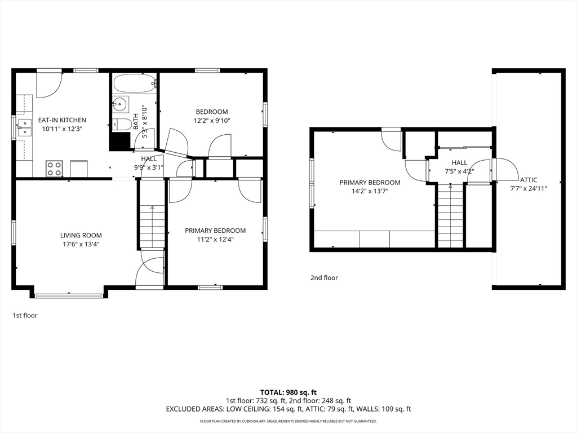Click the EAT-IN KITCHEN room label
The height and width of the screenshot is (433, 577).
(x=62, y=120)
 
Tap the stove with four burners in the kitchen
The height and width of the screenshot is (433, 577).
(x=54, y=168)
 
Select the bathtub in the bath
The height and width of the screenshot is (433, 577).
(x=134, y=84)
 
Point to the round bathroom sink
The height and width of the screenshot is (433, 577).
(x=119, y=104)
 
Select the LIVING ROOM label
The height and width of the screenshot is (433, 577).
(x=81, y=235)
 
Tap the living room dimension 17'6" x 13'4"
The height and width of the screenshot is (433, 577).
(x=81, y=244)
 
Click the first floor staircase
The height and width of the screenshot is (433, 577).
(x=152, y=226)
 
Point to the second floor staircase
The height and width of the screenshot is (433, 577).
(x=450, y=217)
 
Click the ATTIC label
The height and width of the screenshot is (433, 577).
(x=529, y=180)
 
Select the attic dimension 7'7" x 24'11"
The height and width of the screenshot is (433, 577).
(x=529, y=189)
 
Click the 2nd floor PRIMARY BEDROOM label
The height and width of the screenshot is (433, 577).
(x=370, y=182)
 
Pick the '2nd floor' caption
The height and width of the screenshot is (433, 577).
(x=324, y=277)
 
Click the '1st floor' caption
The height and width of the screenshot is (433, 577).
(x=25, y=316)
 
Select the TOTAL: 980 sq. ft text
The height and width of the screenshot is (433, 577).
(x=288, y=392)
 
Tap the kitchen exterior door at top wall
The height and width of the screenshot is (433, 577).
(x=49, y=83)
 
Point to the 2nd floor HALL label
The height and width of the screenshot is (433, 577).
(x=459, y=162)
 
